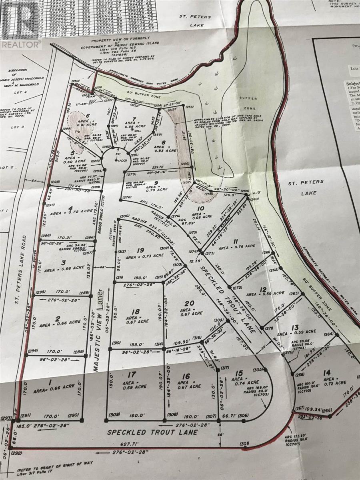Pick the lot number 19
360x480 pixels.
tap(140, 250)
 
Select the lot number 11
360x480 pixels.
tap(236, 241)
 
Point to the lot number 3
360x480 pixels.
tap(63, 263)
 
